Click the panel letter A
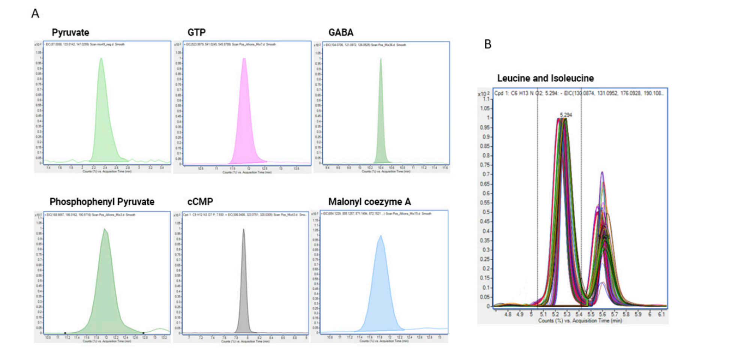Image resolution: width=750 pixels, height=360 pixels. [x=35, y=14]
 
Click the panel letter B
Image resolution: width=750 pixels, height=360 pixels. [x=488, y=44]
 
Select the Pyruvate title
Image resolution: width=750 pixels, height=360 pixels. [x=70, y=33]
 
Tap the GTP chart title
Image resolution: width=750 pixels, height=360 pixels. [x=196, y=33]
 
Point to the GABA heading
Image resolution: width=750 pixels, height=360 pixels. [x=341, y=33]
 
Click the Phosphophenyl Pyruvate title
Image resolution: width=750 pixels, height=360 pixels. [x=102, y=202]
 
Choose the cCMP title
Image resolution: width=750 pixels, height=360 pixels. [x=200, y=202]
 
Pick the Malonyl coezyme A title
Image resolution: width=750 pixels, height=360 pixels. [x=370, y=202]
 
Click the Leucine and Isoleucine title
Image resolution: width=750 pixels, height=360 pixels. [x=545, y=78]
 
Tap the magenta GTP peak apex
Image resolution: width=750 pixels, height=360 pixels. [x=244, y=58]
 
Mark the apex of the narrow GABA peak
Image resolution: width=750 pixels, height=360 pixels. [x=381, y=58]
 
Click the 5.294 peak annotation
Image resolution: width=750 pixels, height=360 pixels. [x=566, y=115]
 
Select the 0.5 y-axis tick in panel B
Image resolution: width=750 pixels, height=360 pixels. [x=486, y=212]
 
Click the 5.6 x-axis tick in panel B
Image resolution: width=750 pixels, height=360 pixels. [x=603, y=314]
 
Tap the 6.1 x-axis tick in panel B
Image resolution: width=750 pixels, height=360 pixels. [x=661, y=314]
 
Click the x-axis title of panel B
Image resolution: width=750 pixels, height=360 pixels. [x=580, y=321]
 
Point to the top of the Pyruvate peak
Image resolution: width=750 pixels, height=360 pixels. [x=101, y=58]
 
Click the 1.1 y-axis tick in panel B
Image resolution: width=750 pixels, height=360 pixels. [x=486, y=99]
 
